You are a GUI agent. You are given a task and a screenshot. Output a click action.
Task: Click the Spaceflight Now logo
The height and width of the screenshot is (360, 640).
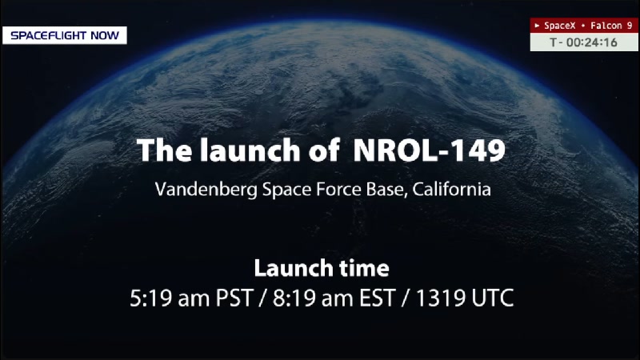pos(64,35)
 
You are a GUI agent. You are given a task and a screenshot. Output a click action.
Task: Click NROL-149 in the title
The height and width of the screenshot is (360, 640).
pos(429,150)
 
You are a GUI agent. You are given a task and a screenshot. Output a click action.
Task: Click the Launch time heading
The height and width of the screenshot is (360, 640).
pos(321,267)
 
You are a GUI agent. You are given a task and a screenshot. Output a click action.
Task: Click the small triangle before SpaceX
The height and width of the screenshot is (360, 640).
pos(537,26)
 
